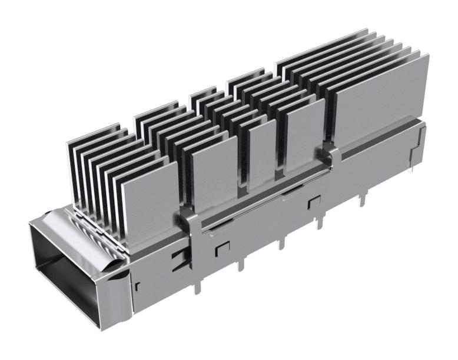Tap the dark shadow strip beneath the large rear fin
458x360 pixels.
tap(377, 145)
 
